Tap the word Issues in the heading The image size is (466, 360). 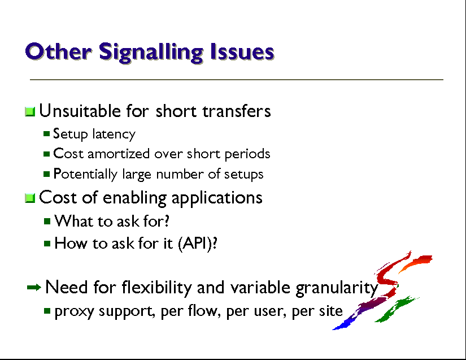(242, 52)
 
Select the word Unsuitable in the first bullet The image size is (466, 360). (80, 111)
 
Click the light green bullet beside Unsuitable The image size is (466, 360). (30, 112)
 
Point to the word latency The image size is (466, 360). (114, 135)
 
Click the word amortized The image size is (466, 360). (118, 154)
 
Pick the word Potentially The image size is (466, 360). (85, 175)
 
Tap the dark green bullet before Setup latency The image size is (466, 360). (46, 134)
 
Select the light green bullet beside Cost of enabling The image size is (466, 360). (30, 198)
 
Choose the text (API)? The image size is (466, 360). (198, 244)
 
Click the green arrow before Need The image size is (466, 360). (34, 288)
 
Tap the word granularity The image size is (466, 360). (337, 288)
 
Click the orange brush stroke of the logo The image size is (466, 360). (416, 262)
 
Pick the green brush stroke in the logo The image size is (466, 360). (395, 309)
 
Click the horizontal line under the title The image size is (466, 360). (237, 80)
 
